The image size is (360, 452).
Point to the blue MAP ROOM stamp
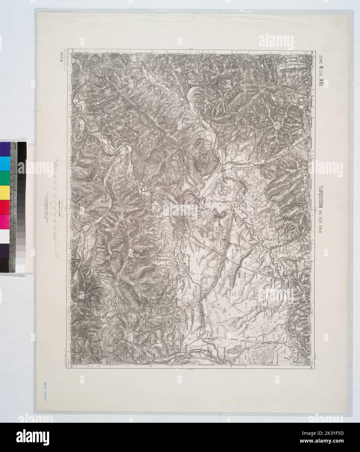pyautogui.click(x=44, y=392)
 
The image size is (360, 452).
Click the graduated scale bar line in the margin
pyautogui.click(x=56, y=208)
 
